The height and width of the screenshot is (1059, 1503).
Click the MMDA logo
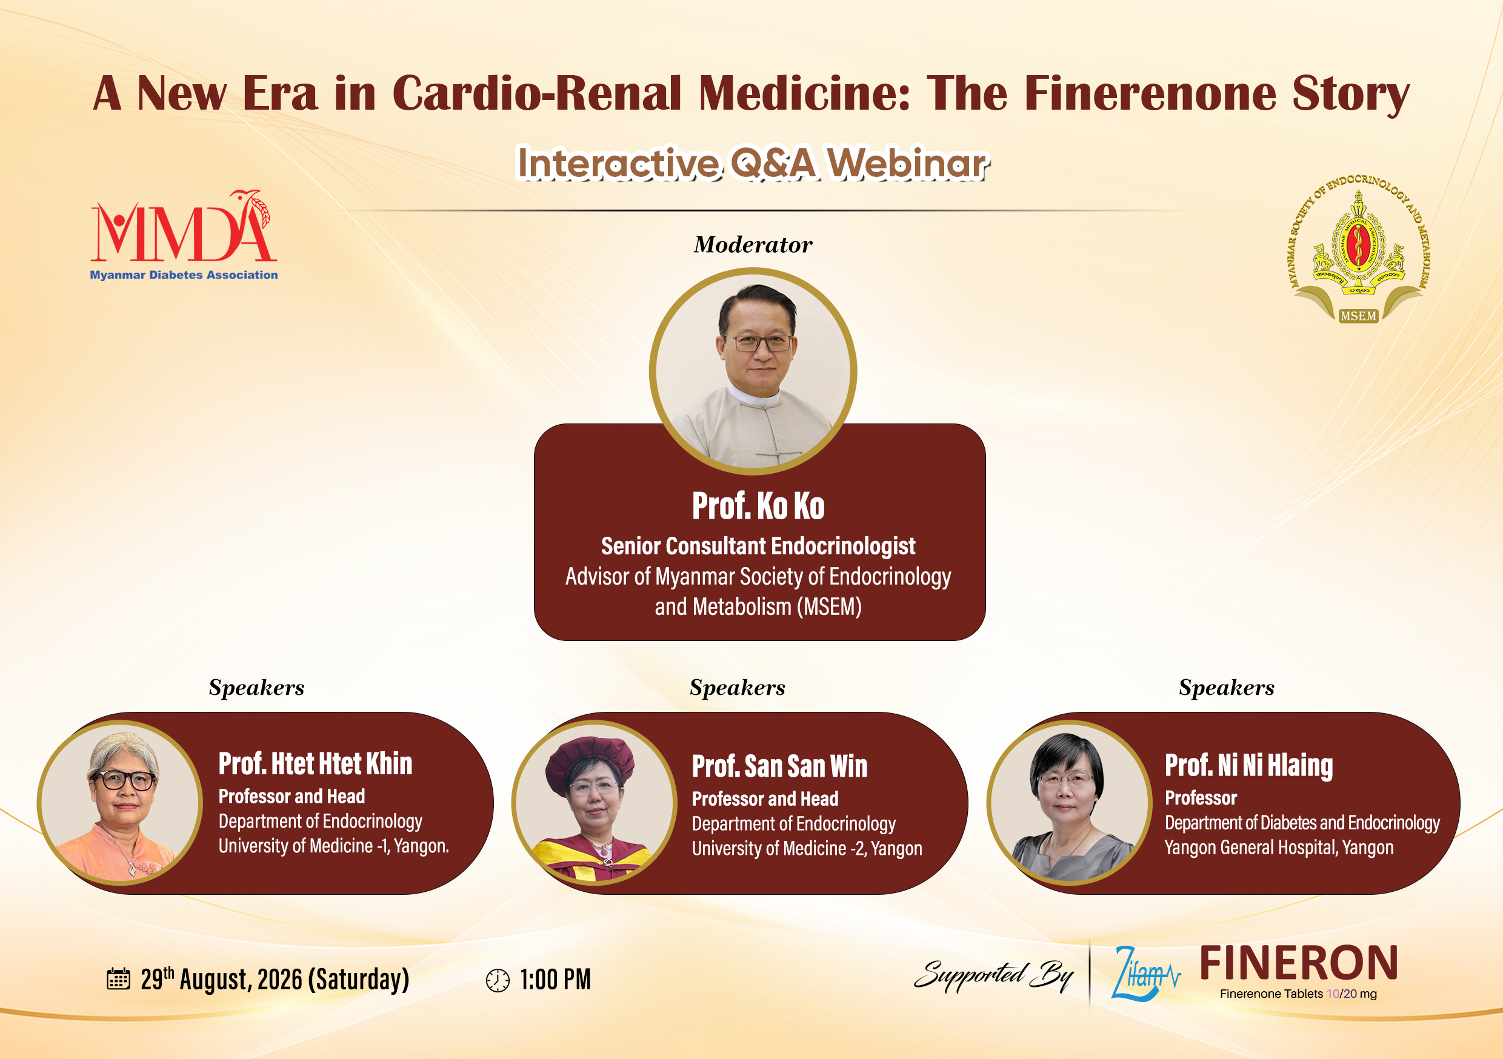coord(184,236)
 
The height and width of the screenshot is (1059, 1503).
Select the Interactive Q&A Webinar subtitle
coord(753,163)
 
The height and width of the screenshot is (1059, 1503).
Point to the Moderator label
coord(753,244)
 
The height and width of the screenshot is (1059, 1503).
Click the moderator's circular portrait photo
coord(753,371)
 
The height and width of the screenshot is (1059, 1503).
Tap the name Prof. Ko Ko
coord(758,506)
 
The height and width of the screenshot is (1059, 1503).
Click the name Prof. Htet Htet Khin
coord(316,764)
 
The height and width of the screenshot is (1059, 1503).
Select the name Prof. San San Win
coord(779,766)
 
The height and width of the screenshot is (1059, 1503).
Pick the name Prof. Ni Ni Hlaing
coord(1249,766)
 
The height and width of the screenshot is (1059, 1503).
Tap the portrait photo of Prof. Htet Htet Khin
coord(120,803)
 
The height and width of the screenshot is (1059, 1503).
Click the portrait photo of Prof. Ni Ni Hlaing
coord(1069,803)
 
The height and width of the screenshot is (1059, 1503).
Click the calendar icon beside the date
coord(119,978)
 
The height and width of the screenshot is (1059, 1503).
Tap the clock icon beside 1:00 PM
coord(498,980)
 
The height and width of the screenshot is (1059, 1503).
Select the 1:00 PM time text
coord(555,980)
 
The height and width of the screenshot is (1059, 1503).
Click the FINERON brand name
coord(1299,962)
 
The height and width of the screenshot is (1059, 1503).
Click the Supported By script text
coord(994,975)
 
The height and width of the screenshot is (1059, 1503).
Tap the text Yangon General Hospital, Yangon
coord(1279,848)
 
